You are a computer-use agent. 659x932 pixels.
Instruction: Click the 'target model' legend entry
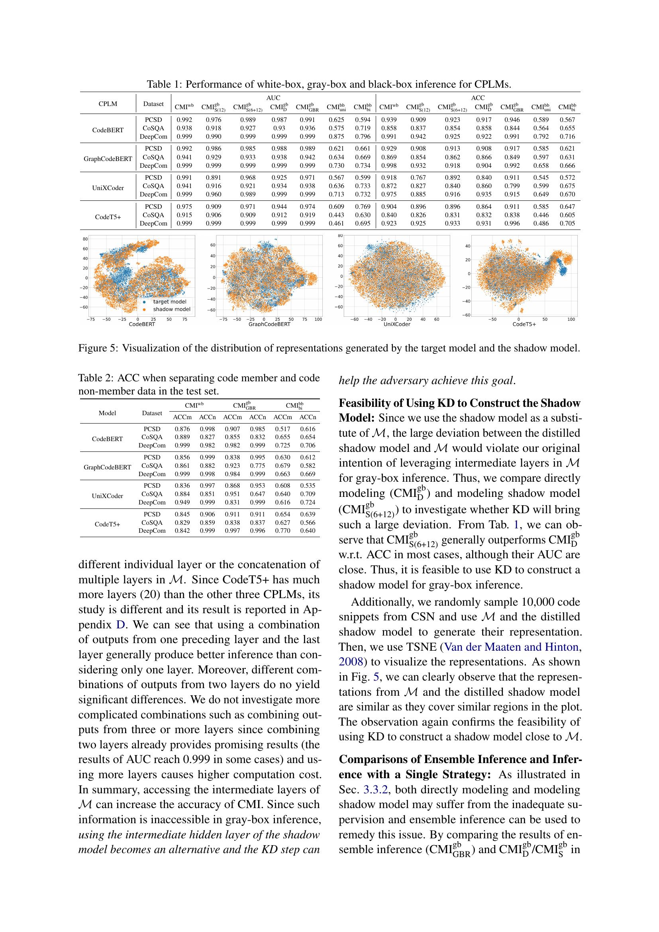point(170,302)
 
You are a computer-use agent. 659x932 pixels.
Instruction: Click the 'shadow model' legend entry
point(171,309)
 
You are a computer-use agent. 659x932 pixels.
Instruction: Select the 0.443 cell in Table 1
point(336,215)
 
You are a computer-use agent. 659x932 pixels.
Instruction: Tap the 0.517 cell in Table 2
point(282,429)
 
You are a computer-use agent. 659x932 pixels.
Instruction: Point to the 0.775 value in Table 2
point(258,465)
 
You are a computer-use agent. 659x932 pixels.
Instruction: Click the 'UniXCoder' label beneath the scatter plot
point(397,324)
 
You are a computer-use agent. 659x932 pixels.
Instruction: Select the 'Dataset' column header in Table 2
point(152,413)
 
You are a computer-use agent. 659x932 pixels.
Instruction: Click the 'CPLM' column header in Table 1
point(108,104)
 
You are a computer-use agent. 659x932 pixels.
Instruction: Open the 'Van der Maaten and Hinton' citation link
point(511,647)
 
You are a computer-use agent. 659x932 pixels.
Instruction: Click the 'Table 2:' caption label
point(96,378)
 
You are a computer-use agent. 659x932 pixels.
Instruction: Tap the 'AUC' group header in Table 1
point(273,98)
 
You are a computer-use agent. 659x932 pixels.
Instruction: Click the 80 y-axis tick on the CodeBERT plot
point(85,239)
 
